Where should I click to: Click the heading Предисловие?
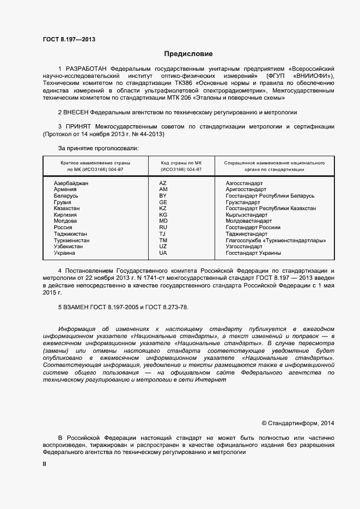tap(188, 54)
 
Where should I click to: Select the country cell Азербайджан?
tap(71, 183)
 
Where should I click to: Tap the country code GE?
tap(163, 203)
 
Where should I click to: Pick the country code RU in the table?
tap(163, 228)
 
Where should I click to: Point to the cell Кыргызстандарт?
tap(251, 215)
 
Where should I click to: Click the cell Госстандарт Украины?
tap(253, 253)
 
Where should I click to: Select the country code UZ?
tap(163, 247)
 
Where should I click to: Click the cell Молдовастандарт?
tap(248, 222)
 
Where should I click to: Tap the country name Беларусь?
tap(66, 196)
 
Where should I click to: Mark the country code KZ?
tap(163, 208)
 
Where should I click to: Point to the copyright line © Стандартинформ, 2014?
tap(298, 423)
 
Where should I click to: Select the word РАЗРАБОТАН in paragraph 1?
tap(86, 70)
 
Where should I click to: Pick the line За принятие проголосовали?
tap(98, 148)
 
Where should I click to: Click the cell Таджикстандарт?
tap(246, 234)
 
